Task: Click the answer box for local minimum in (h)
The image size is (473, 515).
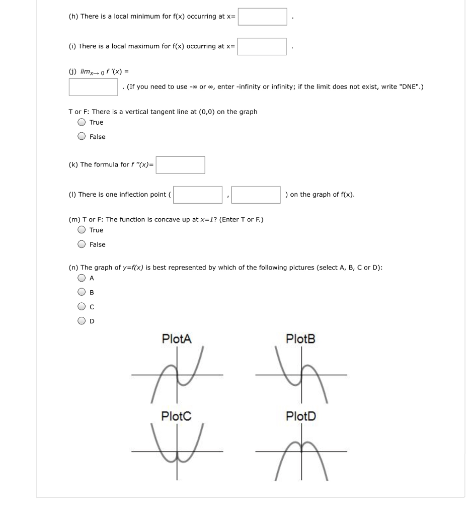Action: click(262, 17)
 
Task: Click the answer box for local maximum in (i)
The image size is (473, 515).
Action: click(262, 46)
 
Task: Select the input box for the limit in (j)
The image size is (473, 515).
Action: click(94, 87)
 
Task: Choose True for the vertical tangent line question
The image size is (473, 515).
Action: click(82, 122)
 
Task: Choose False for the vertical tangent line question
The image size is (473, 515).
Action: click(82, 136)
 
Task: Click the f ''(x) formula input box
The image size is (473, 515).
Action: click(180, 165)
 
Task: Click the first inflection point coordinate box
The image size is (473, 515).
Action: click(198, 195)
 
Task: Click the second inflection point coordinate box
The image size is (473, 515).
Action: click(256, 195)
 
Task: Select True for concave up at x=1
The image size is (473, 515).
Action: click(82, 230)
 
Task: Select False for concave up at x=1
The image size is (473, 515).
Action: click(82, 244)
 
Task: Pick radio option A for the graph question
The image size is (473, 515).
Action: click(82, 278)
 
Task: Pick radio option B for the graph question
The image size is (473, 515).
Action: click(82, 292)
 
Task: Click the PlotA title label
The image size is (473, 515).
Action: click(177, 338)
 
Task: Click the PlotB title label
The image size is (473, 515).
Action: click(300, 338)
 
